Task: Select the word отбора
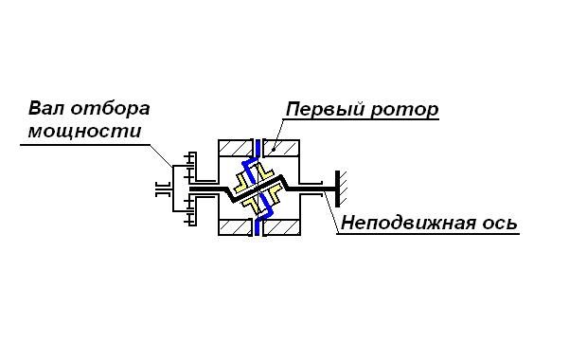(110, 109)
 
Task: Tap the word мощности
(85, 132)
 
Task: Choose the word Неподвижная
(408, 223)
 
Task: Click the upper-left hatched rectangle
(235, 148)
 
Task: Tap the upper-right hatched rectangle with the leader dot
(281, 148)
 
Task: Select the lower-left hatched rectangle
(235, 227)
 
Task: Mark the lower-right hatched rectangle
(281, 227)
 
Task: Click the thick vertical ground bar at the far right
(337, 189)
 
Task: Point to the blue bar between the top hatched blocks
(258, 149)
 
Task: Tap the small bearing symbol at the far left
(163, 189)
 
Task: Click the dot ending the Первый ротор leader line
(275, 149)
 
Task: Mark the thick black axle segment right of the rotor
(311, 189)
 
